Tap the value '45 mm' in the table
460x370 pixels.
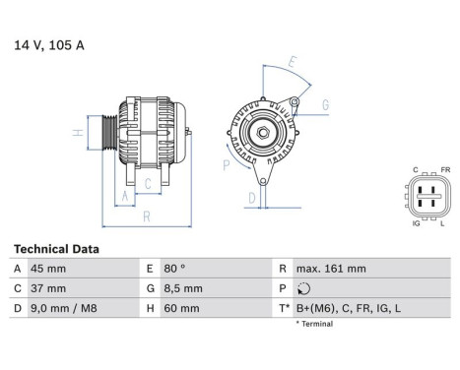(x=50, y=269)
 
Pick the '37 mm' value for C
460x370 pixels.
(x=50, y=288)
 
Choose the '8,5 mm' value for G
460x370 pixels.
(x=183, y=288)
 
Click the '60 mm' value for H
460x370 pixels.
(x=180, y=308)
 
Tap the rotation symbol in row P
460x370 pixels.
(x=302, y=289)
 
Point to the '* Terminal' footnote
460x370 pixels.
(x=317, y=323)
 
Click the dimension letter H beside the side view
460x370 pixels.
(x=76, y=132)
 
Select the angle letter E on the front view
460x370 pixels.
(x=292, y=61)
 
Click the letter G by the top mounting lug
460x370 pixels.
(x=326, y=103)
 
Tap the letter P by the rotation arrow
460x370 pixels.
(x=227, y=166)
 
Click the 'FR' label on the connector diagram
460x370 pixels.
(x=445, y=169)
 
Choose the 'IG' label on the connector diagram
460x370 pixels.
(x=416, y=223)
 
